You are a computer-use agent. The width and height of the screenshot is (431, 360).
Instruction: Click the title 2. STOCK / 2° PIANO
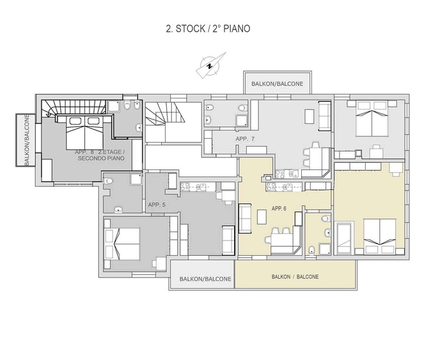(208, 29)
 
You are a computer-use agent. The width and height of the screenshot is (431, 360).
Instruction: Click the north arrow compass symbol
(210, 65)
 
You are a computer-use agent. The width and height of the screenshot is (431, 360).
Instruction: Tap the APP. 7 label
(245, 139)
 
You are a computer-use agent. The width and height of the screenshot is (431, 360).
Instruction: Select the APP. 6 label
(279, 208)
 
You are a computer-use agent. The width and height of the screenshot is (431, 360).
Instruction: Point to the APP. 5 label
(157, 205)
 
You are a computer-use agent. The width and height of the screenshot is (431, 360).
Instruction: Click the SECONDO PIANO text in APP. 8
(101, 159)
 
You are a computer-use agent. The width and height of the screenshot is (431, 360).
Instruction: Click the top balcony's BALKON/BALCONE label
(278, 84)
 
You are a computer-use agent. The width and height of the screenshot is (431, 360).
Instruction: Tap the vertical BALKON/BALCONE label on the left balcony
(27, 140)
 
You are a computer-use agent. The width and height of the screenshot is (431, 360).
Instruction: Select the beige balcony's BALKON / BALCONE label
(295, 277)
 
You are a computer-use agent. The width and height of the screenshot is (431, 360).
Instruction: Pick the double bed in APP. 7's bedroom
(372, 119)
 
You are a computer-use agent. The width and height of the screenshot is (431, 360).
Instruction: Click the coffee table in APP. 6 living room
(262, 217)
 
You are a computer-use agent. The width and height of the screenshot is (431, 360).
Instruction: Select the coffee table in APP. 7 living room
(310, 116)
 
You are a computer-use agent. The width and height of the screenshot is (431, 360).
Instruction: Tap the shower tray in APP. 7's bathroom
(241, 120)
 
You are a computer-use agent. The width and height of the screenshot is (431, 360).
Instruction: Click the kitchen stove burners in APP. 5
(185, 187)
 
